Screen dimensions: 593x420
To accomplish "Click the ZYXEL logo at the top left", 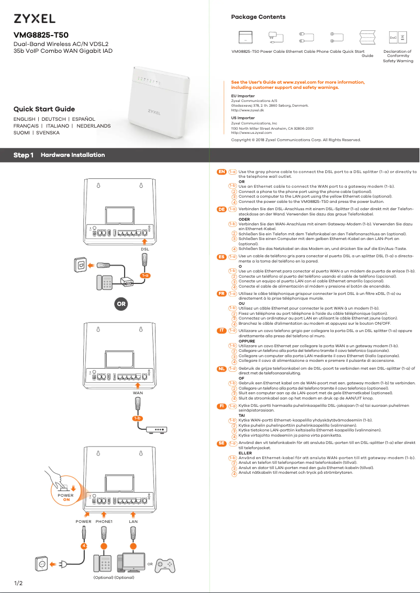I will (x=35, y=19).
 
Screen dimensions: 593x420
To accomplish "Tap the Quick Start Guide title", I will (x=44, y=109).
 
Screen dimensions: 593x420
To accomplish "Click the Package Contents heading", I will (x=258, y=17).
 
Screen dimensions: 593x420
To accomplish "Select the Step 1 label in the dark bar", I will (x=24, y=155).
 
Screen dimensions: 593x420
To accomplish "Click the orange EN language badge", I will (x=222, y=172).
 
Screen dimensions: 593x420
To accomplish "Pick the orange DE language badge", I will (x=222, y=209).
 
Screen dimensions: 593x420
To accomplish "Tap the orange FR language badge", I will (x=222, y=294).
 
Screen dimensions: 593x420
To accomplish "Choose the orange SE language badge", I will (x=222, y=443).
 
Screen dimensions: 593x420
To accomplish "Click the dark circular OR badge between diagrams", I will (x=121, y=303).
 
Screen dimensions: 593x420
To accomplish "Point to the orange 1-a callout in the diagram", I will (x=145, y=275).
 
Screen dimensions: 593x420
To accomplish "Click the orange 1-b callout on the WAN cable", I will (x=137, y=418).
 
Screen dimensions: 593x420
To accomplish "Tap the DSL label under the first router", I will (x=145, y=249).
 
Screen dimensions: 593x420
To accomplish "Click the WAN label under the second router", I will (x=138, y=392).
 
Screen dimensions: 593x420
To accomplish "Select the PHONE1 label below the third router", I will (x=104, y=521).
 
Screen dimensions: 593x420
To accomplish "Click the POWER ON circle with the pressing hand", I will (x=66, y=495).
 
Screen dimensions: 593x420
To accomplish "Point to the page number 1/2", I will (x=18, y=583).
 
